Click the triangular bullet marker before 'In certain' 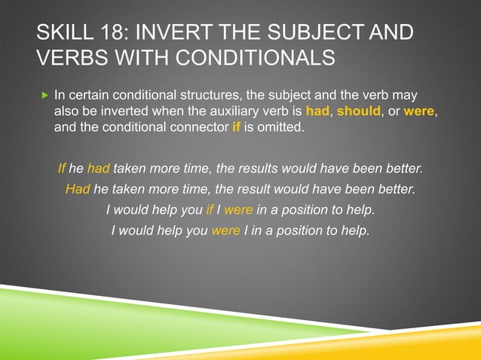click(45, 96)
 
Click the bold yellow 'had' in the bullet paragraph click(317, 111)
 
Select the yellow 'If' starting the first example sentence click(62, 167)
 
